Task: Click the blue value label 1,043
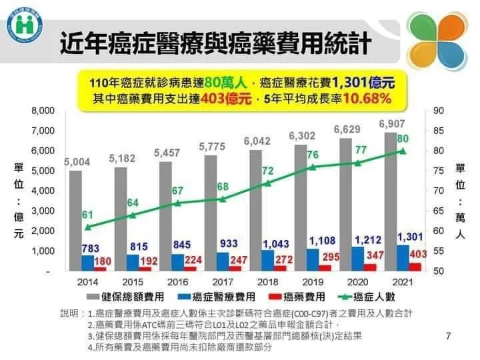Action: click(276, 244)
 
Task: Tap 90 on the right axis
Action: click(437, 111)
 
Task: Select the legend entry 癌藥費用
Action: click(300, 297)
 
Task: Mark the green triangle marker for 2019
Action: click(313, 167)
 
